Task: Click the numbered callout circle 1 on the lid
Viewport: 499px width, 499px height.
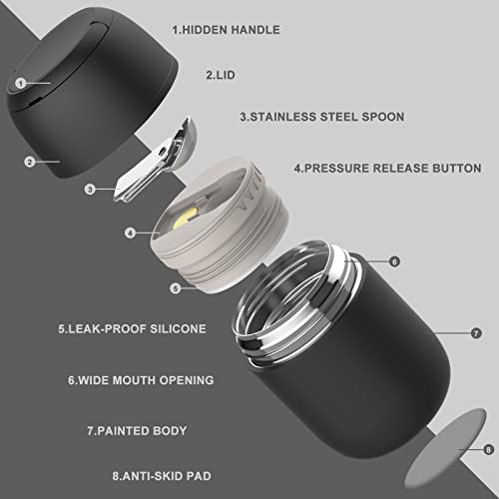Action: (21, 83)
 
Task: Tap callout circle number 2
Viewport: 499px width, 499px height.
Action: (30, 162)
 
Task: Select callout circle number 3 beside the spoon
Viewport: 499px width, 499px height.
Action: (90, 190)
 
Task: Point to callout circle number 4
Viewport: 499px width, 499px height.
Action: (130, 233)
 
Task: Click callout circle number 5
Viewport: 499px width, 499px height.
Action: (176, 288)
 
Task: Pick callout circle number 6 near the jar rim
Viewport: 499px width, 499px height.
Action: (394, 261)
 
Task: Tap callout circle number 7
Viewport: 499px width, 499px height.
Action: (476, 333)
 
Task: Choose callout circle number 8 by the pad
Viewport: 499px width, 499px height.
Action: (488, 450)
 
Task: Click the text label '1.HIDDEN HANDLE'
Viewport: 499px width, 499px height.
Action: (226, 30)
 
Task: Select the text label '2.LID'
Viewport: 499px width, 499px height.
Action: (221, 75)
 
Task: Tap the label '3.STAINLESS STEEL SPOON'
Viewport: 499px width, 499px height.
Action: (322, 117)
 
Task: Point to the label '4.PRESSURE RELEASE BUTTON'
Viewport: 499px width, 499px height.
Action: (387, 168)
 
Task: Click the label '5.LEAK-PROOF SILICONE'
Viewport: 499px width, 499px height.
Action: (132, 328)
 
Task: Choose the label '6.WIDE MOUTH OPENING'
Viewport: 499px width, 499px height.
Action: (141, 380)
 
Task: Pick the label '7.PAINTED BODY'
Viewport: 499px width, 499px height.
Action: (137, 431)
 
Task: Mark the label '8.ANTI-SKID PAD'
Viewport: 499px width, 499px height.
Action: (162, 476)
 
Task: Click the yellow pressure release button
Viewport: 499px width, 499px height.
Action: (185, 218)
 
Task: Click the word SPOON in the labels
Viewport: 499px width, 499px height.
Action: (383, 117)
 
